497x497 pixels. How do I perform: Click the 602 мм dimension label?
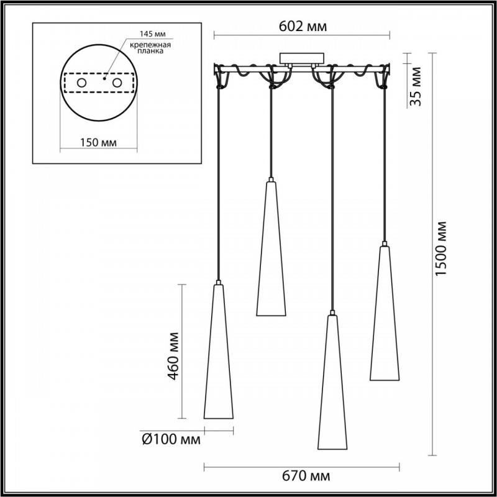303,27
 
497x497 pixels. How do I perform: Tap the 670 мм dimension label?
305,476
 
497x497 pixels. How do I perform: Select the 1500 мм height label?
440,248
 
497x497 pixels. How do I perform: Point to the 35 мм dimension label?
415,86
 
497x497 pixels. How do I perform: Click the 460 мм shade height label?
173,355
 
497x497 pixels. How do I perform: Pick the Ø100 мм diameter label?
171,440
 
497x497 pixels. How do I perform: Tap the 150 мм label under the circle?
98,143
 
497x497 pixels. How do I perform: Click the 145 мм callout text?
153,34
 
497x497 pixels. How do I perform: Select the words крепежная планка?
150,48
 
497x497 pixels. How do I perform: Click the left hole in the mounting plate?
81,83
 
